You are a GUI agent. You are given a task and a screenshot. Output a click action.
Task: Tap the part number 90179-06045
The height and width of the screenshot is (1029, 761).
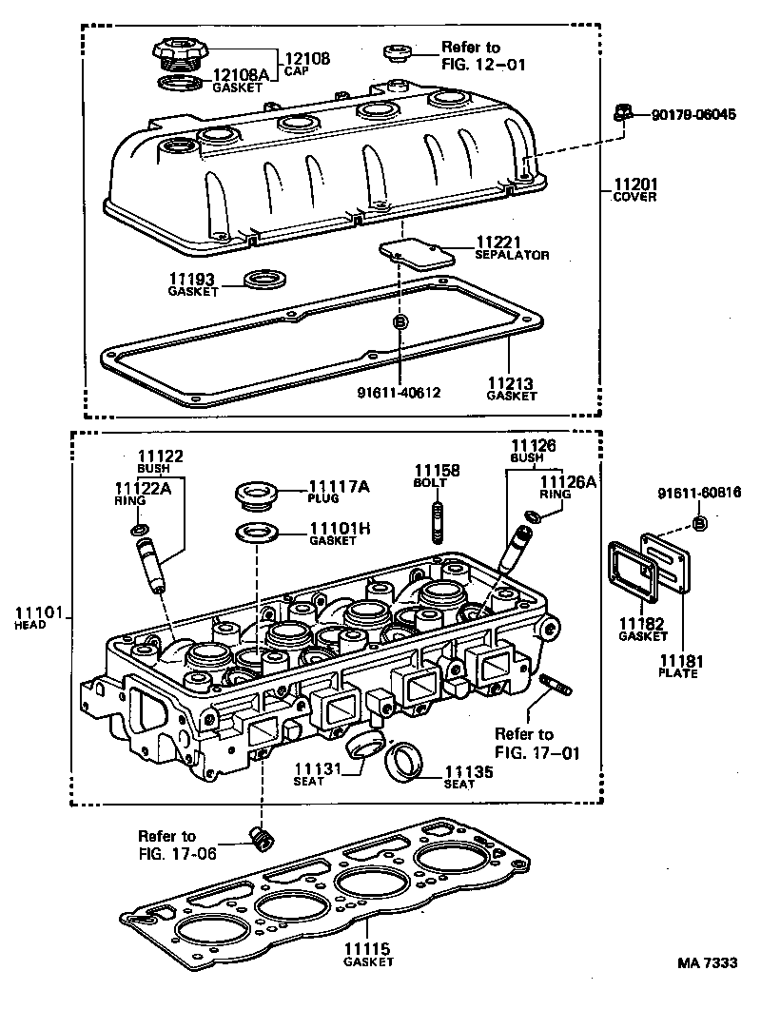click(x=693, y=114)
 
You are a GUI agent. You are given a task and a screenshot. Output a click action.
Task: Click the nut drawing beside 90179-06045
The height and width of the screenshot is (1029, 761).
click(x=622, y=114)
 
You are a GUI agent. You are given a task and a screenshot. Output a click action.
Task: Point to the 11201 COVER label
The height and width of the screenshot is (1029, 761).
click(x=635, y=190)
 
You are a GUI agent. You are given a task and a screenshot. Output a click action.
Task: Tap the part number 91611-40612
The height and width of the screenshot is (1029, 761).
click(x=400, y=392)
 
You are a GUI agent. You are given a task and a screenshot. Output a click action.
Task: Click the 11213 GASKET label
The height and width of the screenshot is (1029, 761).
click(x=511, y=389)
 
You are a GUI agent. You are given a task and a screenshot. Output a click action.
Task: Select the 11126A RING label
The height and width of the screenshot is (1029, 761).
click(x=567, y=488)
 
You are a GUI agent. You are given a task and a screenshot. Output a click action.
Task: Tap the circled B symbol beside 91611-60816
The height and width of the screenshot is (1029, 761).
click(x=699, y=524)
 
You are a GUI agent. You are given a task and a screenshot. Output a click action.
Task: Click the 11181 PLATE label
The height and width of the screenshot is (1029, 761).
click(x=679, y=666)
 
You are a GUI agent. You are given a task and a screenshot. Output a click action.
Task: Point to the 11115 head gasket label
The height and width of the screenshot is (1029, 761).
click(x=367, y=955)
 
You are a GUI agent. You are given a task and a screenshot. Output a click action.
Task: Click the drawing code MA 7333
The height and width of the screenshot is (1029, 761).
click(x=707, y=962)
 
